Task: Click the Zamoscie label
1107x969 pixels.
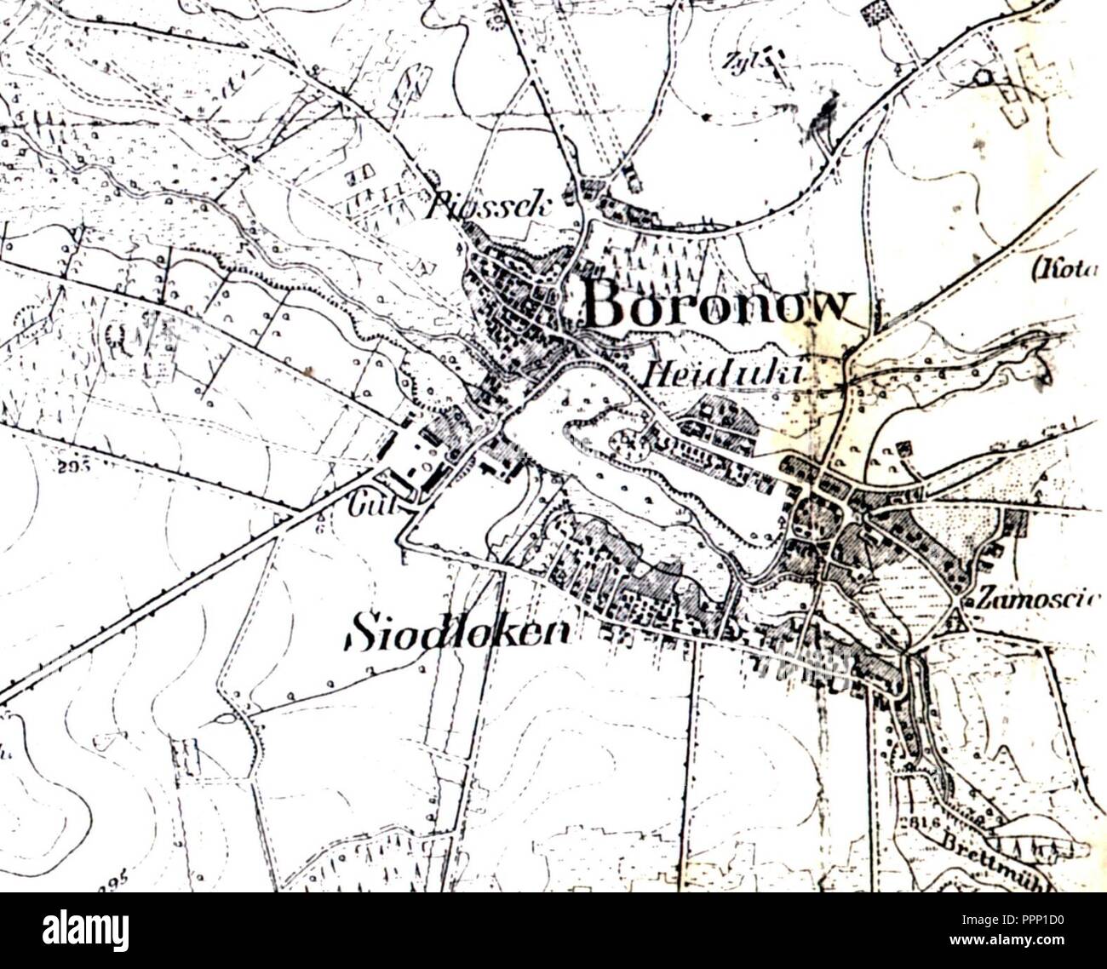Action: point(1039,598)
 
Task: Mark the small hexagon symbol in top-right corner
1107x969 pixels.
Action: point(984,77)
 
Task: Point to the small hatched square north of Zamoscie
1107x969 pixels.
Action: point(903,448)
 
